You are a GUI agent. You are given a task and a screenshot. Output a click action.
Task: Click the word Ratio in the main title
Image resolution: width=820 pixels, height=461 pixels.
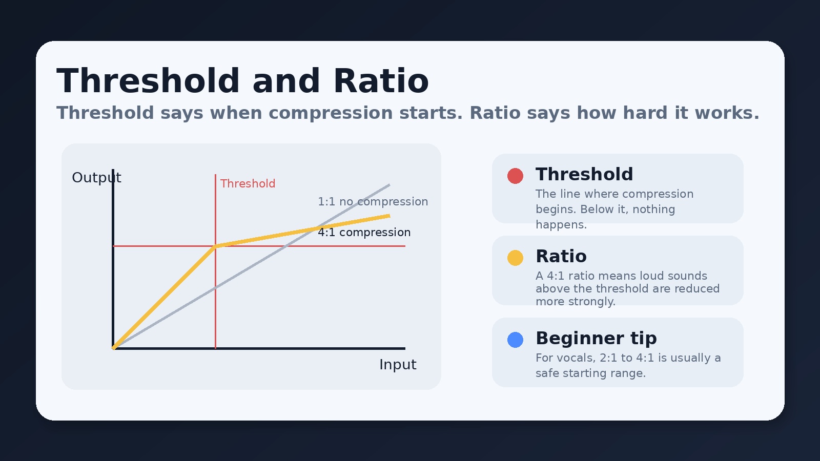(x=381, y=81)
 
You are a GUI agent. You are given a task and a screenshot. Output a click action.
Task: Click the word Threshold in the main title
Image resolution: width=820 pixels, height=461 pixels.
(x=148, y=81)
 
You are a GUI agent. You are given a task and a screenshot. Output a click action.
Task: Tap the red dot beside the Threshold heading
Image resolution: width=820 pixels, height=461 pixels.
(x=515, y=176)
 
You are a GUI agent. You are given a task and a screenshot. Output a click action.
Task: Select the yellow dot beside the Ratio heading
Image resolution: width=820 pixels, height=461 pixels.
(x=515, y=258)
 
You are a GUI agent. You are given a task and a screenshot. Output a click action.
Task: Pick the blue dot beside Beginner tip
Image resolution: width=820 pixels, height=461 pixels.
(x=515, y=340)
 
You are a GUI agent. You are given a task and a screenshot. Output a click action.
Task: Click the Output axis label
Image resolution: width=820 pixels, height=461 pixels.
(x=96, y=178)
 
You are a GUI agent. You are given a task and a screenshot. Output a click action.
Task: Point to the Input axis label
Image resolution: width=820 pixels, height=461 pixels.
(x=398, y=365)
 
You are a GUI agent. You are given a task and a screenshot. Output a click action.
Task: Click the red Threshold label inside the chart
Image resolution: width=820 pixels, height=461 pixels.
(x=248, y=184)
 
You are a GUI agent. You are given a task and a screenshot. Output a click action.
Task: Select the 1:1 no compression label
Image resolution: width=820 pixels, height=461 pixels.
(x=373, y=202)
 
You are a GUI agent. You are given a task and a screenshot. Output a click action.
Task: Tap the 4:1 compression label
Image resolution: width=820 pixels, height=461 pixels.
(x=364, y=233)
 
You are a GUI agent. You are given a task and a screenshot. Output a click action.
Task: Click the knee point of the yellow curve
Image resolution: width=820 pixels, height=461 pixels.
(x=215, y=246)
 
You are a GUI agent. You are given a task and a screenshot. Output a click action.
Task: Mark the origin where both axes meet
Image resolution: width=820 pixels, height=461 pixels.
(x=113, y=348)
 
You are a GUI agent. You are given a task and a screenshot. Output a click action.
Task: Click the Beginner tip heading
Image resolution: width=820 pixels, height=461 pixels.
(x=596, y=338)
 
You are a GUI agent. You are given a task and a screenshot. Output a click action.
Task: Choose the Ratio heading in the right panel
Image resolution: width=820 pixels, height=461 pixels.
(x=561, y=256)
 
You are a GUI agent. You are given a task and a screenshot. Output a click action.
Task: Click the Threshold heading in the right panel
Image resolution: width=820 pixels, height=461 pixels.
(x=584, y=174)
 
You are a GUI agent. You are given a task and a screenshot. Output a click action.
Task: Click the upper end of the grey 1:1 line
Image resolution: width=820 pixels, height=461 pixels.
(x=388, y=185)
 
